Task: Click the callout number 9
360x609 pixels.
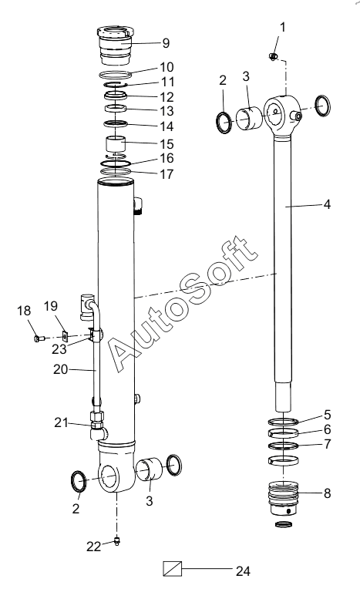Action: point(166,42)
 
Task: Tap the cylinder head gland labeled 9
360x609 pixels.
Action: point(115,45)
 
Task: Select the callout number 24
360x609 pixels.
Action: point(243,571)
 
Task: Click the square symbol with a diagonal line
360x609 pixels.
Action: point(172,569)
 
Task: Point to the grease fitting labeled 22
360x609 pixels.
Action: point(116,540)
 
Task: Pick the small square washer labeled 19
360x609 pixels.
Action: point(66,335)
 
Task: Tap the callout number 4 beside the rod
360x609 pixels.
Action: point(327,204)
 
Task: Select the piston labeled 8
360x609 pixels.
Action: point(284,499)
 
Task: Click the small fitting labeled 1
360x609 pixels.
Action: point(274,57)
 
